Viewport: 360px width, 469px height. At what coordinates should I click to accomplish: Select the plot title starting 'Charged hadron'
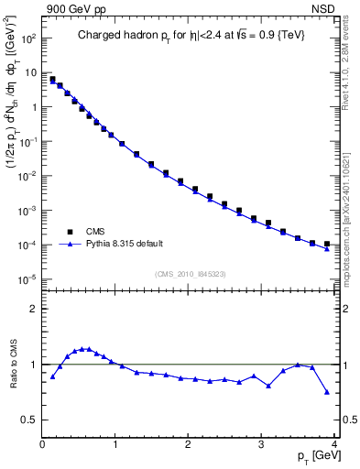point(191,37)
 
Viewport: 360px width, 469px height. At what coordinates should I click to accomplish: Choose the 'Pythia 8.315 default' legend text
point(124,244)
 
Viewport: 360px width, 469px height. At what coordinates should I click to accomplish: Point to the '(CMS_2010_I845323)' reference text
point(191,273)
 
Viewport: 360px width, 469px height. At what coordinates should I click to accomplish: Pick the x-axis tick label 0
point(42,444)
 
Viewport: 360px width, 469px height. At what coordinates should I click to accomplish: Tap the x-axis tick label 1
point(115,444)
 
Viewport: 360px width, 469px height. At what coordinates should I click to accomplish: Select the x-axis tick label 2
point(189,444)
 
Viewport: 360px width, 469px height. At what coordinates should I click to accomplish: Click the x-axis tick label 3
point(262,444)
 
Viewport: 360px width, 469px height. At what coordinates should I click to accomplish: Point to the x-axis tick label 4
point(334,444)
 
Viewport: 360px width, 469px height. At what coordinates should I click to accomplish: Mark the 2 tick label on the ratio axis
point(33,309)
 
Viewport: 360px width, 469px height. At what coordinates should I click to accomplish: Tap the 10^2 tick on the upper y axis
point(29,38)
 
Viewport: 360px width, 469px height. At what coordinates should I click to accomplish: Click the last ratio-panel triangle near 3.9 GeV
point(327,392)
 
